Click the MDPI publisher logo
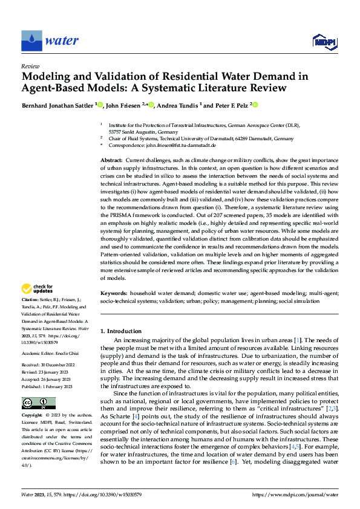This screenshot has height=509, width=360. click(324, 41)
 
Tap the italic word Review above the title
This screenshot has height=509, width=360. click(30, 66)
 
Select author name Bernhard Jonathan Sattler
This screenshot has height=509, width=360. click(58, 106)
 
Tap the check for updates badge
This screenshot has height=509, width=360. click(38, 288)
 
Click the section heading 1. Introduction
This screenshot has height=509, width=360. click(121, 331)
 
